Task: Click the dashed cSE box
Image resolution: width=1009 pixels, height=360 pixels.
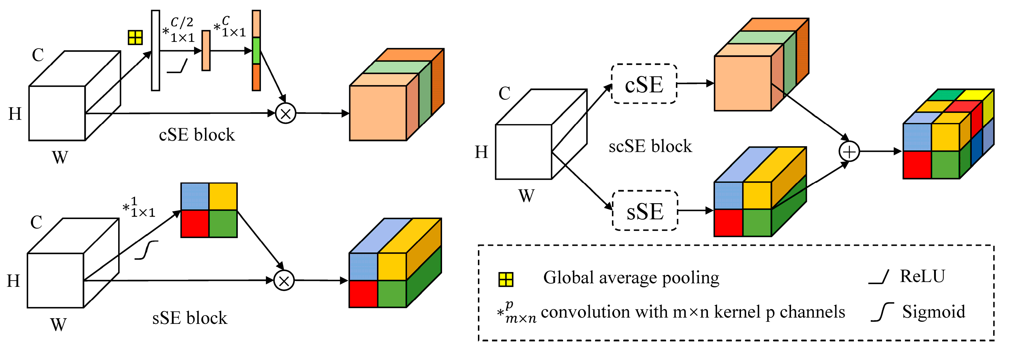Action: [x=644, y=84]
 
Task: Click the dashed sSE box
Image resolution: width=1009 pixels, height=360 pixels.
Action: [x=645, y=211]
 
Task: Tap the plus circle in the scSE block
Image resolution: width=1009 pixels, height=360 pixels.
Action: [x=849, y=152]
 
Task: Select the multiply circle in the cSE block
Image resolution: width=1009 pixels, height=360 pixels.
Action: [x=286, y=114]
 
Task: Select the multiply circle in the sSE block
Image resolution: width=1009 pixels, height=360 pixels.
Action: [x=284, y=281]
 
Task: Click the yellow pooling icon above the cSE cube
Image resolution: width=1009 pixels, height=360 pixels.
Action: [x=135, y=38]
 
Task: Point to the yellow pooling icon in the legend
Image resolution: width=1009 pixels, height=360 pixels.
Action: [x=506, y=279]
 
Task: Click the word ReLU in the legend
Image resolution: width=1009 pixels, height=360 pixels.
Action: [x=922, y=277]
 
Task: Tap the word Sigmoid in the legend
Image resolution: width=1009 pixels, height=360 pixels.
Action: [x=933, y=312]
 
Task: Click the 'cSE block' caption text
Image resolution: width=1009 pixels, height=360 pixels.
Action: [x=197, y=135]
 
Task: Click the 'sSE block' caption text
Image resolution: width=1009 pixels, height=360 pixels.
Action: [x=190, y=318]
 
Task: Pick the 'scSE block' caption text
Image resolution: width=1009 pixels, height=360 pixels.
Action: [x=650, y=147]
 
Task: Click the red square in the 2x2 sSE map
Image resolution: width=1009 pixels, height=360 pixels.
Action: [x=195, y=224]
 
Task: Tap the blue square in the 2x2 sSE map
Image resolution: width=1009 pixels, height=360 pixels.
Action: [x=195, y=196]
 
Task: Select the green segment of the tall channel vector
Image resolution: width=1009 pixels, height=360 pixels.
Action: [x=256, y=51]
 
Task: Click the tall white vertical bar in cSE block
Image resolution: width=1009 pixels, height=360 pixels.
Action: [x=155, y=51]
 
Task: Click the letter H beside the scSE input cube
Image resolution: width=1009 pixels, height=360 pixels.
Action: [x=481, y=152]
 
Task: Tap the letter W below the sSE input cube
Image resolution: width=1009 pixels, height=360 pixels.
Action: [x=58, y=325]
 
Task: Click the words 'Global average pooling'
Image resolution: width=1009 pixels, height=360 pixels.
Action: [x=631, y=278]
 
